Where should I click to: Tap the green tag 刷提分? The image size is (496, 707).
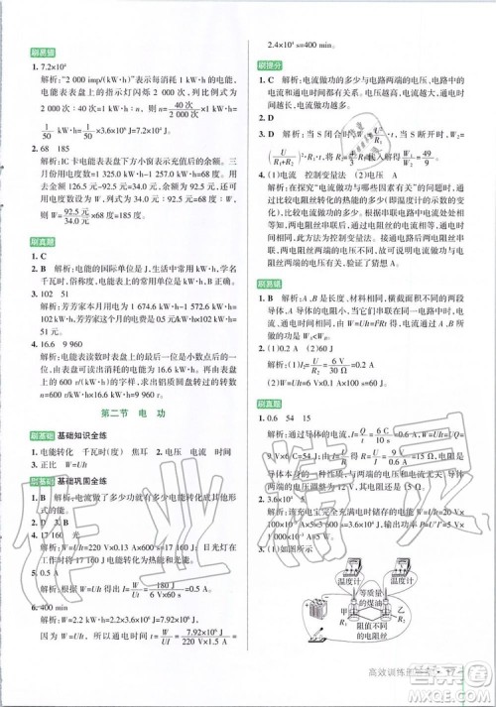click(274, 63)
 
